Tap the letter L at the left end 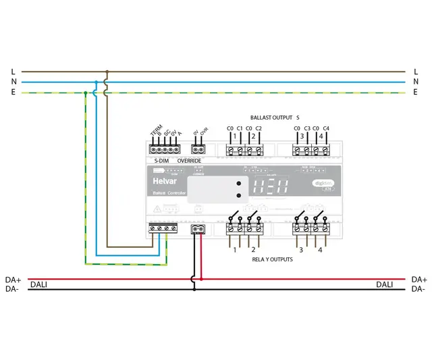[x=13, y=71]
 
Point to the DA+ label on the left [x=13, y=279]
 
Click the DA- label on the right [x=418, y=289]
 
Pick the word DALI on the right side [x=385, y=285]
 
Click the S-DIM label [x=161, y=161]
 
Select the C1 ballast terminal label [x=240, y=128]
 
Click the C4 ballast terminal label [x=326, y=128]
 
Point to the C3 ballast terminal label [x=307, y=128]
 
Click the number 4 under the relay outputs [x=321, y=250]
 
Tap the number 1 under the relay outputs [x=235, y=250]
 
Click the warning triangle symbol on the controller [x=157, y=209]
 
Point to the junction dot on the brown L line [x=107, y=71]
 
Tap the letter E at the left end [x=13, y=93]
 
